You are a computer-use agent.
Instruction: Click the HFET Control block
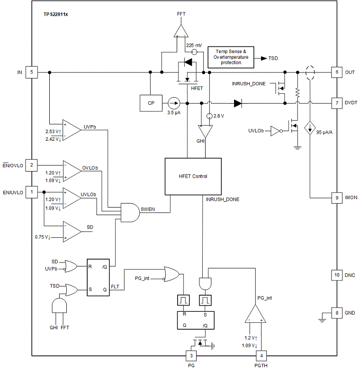pos(193,176)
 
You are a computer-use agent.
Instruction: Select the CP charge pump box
pos(151,103)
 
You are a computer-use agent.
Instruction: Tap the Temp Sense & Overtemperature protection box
pos(231,57)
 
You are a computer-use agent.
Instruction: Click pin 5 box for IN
pos(32,72)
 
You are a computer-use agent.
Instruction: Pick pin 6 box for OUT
pos(337,72)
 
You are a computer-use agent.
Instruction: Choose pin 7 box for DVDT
pos(337,103)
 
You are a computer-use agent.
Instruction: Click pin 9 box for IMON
pos(337,198)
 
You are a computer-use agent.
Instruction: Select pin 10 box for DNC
pos(337,275)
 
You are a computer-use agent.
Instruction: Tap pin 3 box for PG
pos(191,356)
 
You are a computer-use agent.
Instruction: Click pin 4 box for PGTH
pos(261,356)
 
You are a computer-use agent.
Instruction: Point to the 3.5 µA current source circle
pos(174,103)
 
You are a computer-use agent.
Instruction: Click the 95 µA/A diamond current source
pos(310,128)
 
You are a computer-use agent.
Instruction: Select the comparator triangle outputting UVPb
pos(72,130)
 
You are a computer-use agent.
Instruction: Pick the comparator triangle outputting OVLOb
pos(72,171)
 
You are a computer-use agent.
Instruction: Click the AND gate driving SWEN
pos(130,212)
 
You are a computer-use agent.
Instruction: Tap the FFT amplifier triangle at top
pos(181,31)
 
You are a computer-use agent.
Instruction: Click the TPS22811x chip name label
pos(55,14)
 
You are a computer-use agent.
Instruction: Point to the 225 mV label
pos(194,45)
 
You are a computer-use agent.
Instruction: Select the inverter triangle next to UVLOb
pos(276,131)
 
